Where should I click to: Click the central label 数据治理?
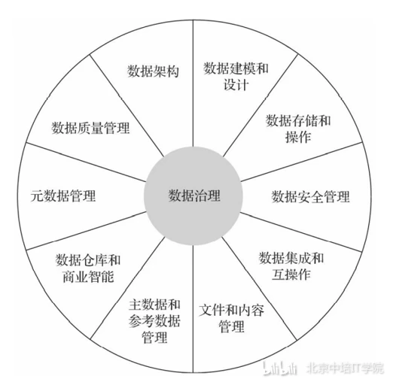point(194,196)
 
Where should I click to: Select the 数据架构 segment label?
point(153,71)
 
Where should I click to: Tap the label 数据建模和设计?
point(236,76)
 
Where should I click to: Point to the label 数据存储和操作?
point(298,129)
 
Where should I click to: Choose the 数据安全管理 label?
point(310,196)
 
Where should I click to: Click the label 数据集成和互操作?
point(291,266)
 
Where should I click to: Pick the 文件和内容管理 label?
point(231,318)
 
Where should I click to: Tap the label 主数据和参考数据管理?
point(154,320)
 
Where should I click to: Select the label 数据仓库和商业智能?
point(88,268)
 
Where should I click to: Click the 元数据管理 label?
point(63,196)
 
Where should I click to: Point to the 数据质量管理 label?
point(90,128)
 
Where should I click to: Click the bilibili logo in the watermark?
point(280,368)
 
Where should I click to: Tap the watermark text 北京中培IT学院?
point(345,368)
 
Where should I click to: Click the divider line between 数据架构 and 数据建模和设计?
point(193,83)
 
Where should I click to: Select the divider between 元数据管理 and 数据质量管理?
point(86,162)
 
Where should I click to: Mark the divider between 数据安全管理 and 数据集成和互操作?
point(301,232)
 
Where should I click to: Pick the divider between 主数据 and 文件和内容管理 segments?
point(193,309)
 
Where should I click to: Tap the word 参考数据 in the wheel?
point(154,320)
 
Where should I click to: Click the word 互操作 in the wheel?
point(291,274)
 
